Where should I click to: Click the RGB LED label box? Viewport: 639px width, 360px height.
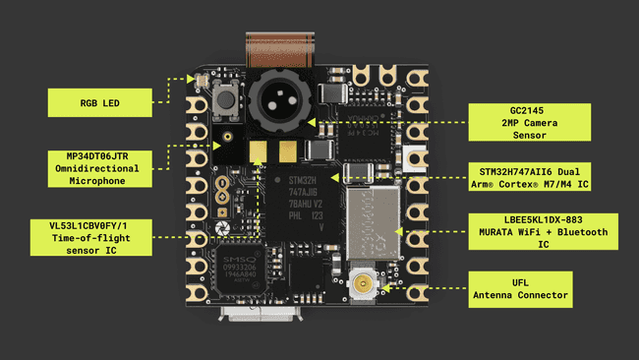[101, 100]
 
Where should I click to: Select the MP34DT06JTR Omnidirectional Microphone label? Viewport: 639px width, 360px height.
[101, 168]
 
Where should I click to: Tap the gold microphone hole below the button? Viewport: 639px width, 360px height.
[227, 137]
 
